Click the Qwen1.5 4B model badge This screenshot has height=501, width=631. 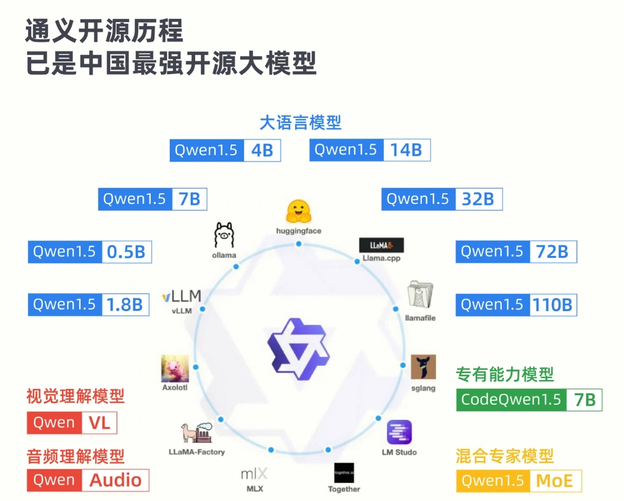(225, 150)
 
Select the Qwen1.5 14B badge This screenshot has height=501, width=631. (370, 150)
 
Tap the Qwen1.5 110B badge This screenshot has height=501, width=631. (516, 305)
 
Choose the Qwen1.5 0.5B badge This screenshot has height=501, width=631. (90, 251)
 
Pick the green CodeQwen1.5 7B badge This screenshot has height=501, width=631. (528, 400)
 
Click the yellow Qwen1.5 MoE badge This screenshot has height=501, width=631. (518, 481)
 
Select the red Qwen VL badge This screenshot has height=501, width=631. (72, 423)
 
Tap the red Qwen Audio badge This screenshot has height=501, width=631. (87, 480)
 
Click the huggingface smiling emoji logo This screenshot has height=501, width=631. (298, 211)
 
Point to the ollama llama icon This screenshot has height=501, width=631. (224, 235)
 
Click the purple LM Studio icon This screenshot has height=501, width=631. (399, 433)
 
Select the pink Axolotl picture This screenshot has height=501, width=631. (175, 367)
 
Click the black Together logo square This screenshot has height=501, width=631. (344, 473)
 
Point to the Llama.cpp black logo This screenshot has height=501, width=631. (381, 245)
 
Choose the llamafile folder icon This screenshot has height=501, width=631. (421, 296)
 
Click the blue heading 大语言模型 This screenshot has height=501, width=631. (300, 122)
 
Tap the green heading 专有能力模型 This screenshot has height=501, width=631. (505, 374)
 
